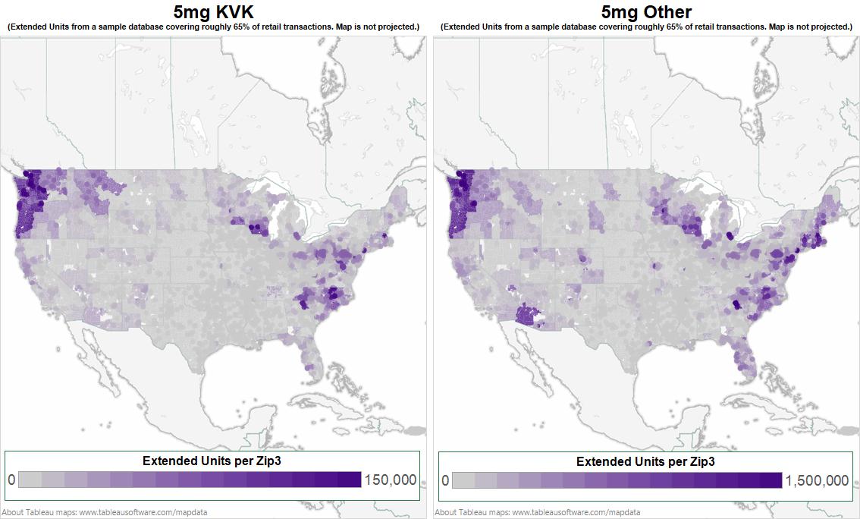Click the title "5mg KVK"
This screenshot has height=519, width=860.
click(x=213, y=11)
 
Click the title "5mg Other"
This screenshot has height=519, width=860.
click(x=646, y=11)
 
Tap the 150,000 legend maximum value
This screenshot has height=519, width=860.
click(x=390, y=480)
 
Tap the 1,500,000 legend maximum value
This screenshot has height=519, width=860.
click(x=817, y=480)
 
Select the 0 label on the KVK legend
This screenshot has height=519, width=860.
click(x=11, y=480)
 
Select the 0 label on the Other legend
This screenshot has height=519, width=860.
click(x=445, y=480)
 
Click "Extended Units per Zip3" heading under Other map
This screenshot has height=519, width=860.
click(x=645, y=461)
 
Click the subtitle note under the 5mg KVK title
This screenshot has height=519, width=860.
click(x=213, y=27)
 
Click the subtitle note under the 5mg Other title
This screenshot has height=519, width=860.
click(x=646, y=27)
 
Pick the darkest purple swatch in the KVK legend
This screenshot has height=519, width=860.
click(x=350, y=480)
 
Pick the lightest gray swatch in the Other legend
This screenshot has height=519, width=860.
click(x=463, y=480)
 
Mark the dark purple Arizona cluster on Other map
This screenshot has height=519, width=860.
click(x=527, y=315)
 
